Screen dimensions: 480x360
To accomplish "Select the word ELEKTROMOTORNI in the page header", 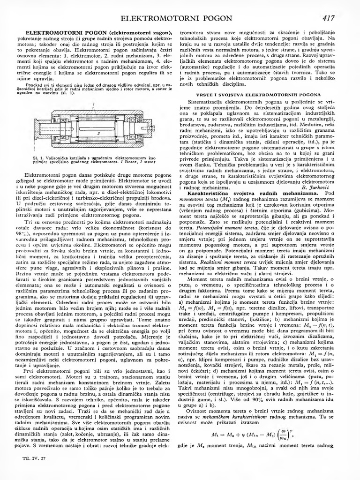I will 158,19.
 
